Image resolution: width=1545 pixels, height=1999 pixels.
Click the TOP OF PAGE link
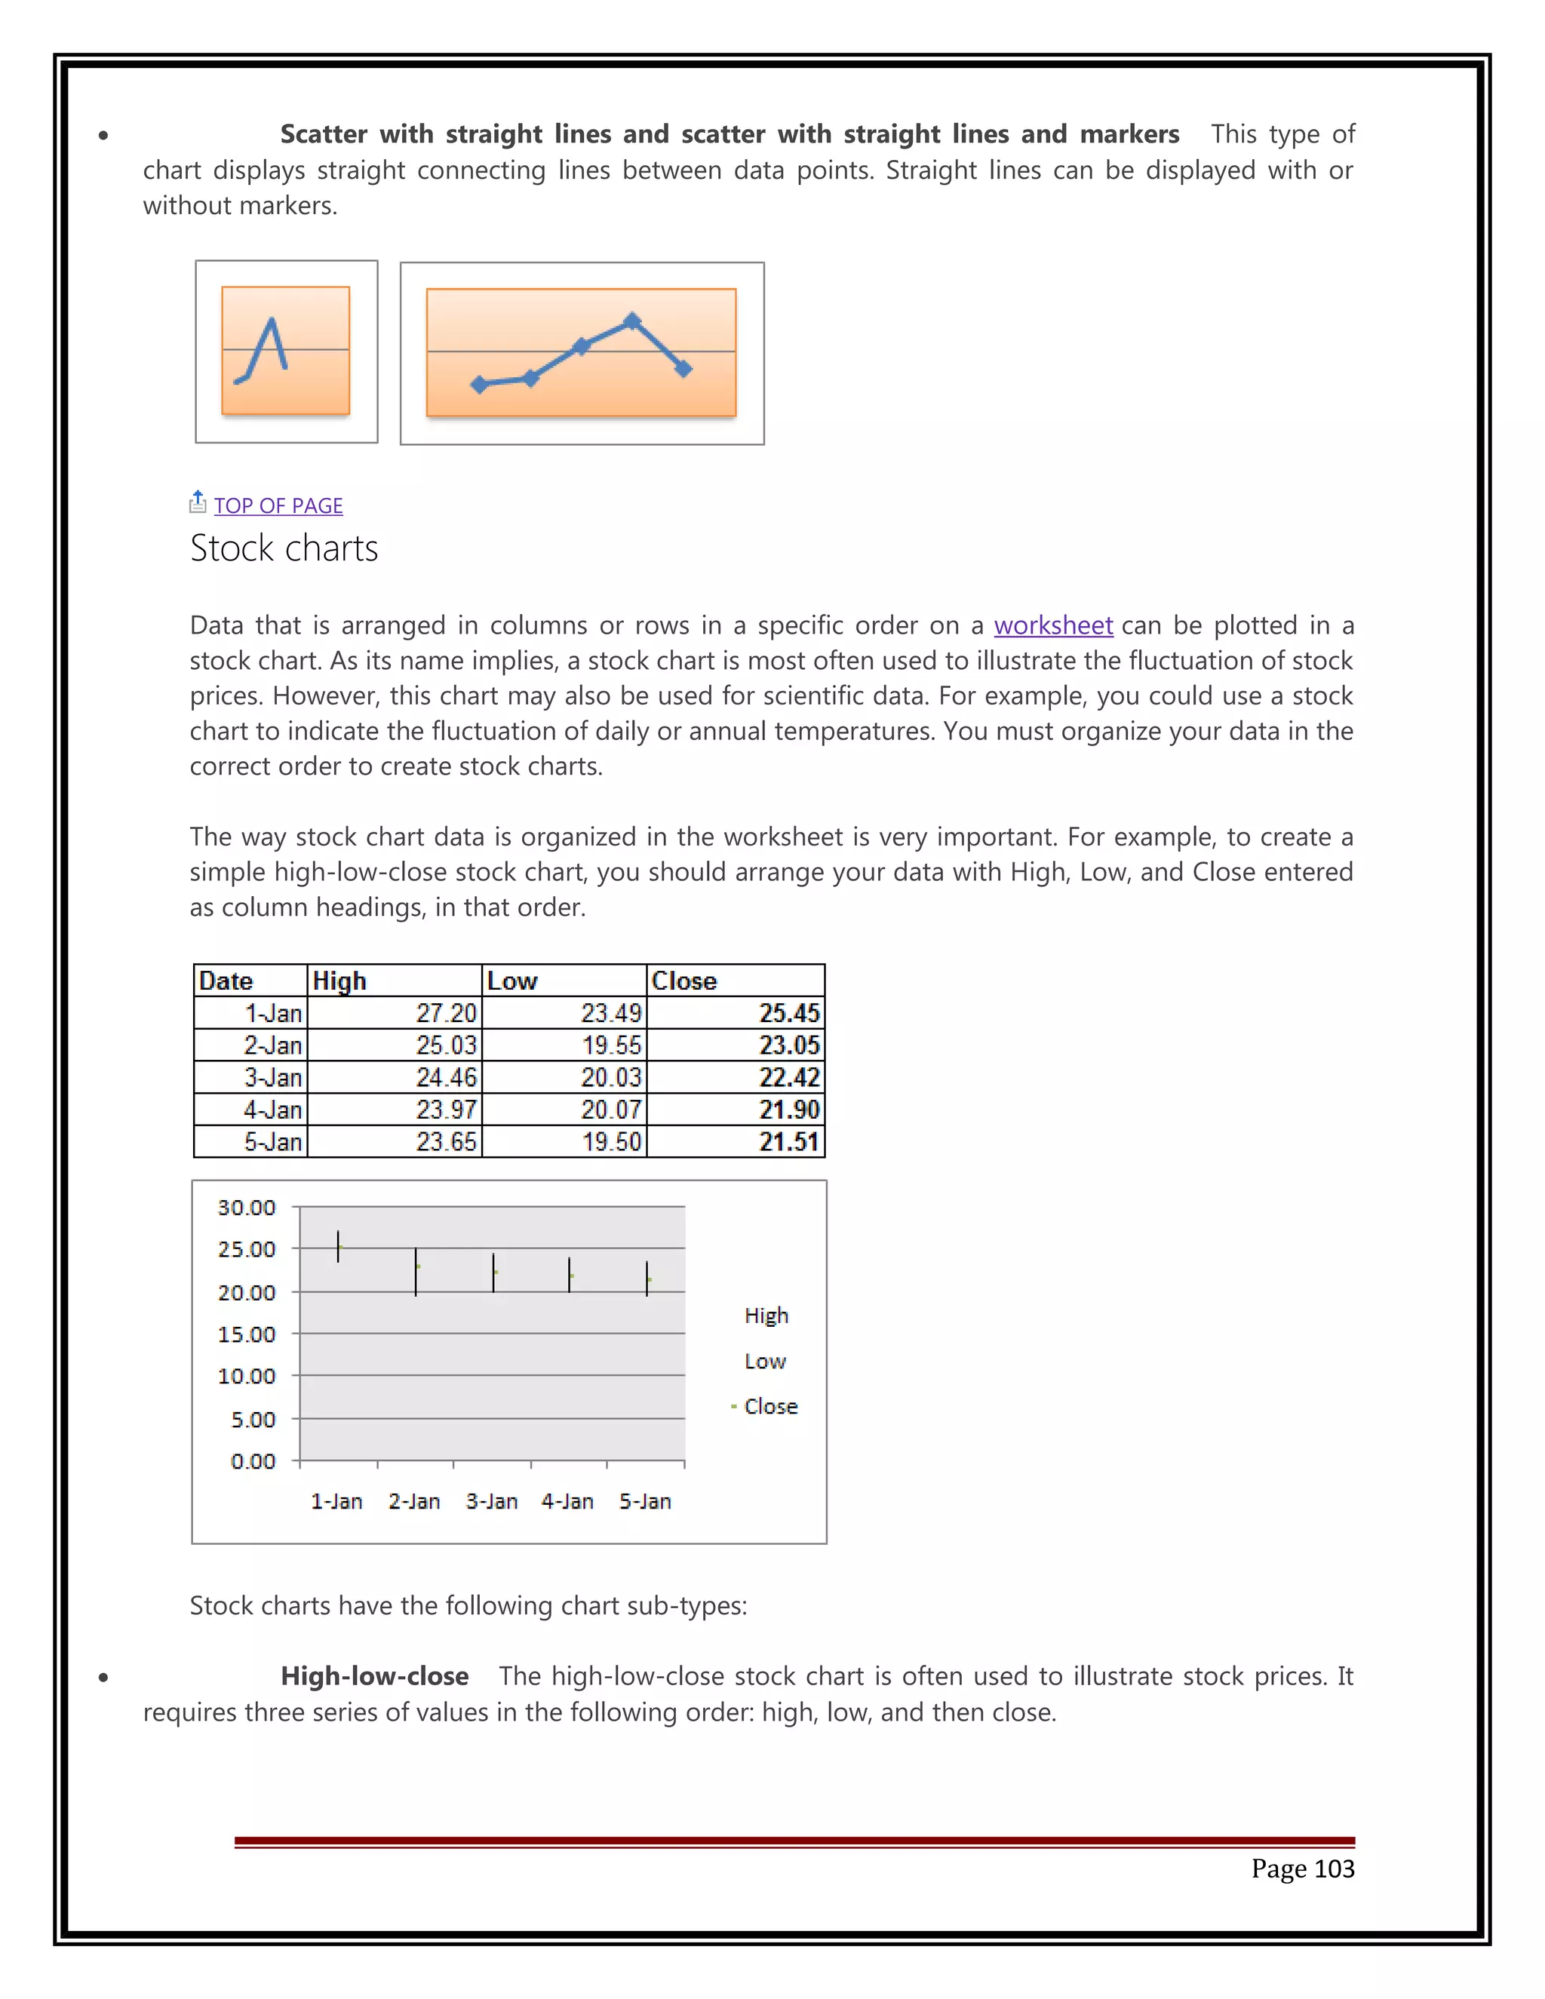pyautogui.click(x=278, y=505)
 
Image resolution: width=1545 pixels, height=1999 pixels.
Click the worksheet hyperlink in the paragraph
pyautogui.click(x=1052, y=625)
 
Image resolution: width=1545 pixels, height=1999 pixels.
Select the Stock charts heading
pyautogui.click(x=284, y=548)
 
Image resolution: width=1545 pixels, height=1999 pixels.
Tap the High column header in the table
pyautogui.click(x=339, y=981)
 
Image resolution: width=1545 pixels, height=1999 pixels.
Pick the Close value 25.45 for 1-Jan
pyautogui.click(x=789, y=1013)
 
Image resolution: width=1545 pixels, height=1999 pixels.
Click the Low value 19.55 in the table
pyautogui.click(x=611, y=1046)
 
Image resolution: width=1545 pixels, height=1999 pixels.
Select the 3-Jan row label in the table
pyautogui.click(x=273, y=1077)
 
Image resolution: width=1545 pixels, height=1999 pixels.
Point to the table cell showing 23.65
pyautogui.click(x=446, y=1141)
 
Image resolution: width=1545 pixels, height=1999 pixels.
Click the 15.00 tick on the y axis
pyautogui.click(x=246, y=1334)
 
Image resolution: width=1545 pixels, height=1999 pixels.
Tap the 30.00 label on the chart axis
pyautogui.click(x=246, y=1207)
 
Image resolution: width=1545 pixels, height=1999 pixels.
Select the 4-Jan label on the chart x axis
pyautogui.click(x=567, y=1501)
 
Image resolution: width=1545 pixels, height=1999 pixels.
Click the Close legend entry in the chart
pyautogui.click(x=769, y=1406)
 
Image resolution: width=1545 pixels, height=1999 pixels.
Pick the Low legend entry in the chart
pyautogui.click(x=765, y=1361)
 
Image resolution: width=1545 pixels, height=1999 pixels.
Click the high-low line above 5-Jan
pyautogui.click(x=647, y=1278)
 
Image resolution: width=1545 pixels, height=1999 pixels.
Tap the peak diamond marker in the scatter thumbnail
pyautogui.click(x=632, y=321)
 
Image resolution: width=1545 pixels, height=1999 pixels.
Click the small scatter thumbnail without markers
pyautogui.click(x=286, y=352)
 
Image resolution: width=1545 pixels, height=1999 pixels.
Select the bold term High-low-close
pyautogui.click(x=374, y=1676)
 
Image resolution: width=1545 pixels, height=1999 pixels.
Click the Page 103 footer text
pyautogui.click(x=1301, y=1868)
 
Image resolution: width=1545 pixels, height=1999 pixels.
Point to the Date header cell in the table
pyautogui.click(x=226, y=981)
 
